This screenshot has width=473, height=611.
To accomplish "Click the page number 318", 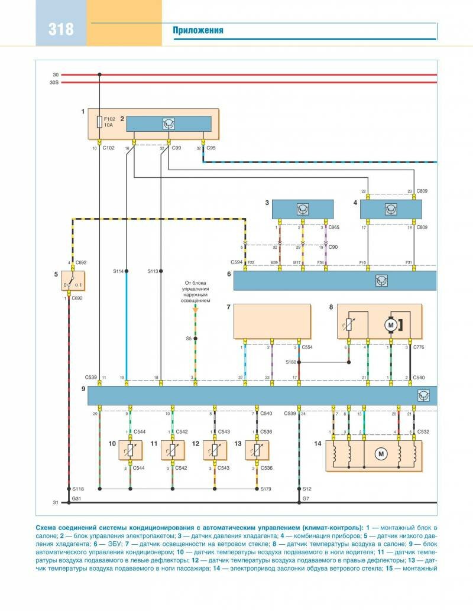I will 61,29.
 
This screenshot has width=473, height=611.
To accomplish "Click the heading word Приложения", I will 198,31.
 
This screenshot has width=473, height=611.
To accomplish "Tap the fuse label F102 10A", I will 108,122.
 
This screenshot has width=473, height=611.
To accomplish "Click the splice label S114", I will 118,271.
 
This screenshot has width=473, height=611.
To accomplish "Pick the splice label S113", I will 153,271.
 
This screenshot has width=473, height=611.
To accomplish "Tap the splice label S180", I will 291,362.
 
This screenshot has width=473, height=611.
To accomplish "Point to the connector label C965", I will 334,227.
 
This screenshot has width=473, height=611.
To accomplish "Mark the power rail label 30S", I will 54,83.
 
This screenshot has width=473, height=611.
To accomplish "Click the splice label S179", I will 266,489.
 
